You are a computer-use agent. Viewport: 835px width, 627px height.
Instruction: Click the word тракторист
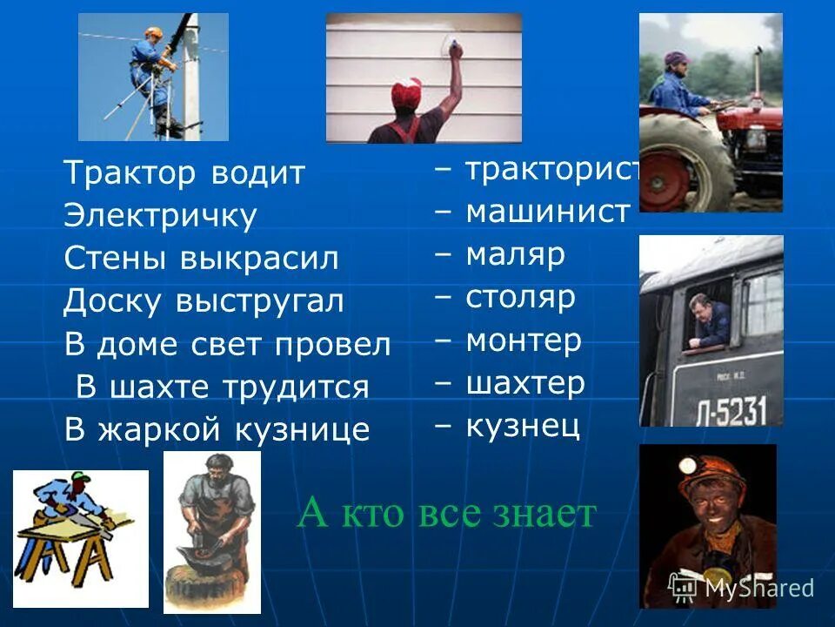click(x=553, y=169)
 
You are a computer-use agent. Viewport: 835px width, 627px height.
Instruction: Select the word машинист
click(x=547, y=212)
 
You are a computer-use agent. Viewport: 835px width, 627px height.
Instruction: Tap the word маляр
click(x=515, y=254)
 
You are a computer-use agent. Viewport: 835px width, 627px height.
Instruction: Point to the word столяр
click(x=520, y=297)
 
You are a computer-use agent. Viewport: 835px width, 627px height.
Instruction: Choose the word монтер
click(x=523, y=340)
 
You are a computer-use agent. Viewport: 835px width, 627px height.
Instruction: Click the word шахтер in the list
click(x=524, y=383)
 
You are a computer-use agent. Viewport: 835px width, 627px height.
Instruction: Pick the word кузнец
click(x=522, y=426)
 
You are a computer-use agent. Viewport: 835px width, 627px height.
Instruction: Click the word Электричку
click(x=160, y=216)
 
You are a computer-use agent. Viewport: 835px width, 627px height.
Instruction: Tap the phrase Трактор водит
click(x=184, y=173)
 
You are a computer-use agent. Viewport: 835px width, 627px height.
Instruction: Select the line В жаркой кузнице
click(x=217, y=428)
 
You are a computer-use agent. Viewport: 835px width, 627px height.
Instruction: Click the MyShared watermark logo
click(x=740, y=588)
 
